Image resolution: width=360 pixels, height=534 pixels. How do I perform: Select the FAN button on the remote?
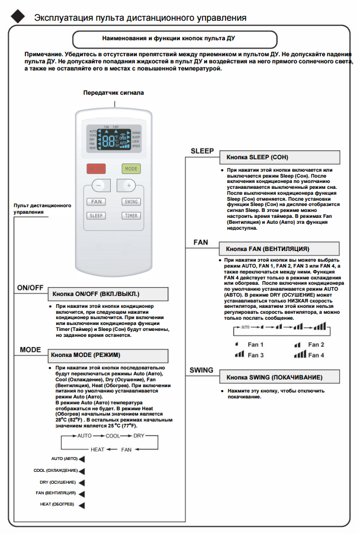97,202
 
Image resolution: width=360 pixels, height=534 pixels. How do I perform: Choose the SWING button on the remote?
131,202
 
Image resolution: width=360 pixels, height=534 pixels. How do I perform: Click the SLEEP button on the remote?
97,215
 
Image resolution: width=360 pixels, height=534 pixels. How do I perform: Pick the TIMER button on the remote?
131,215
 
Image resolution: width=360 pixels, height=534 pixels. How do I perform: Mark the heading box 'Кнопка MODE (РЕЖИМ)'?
107,355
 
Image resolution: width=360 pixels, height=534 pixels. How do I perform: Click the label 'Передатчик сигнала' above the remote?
114,93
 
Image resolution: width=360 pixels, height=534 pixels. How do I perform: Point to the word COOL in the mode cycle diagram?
112,435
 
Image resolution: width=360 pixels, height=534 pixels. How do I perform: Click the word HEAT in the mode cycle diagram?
97,449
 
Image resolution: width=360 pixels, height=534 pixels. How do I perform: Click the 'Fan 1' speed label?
256,345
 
